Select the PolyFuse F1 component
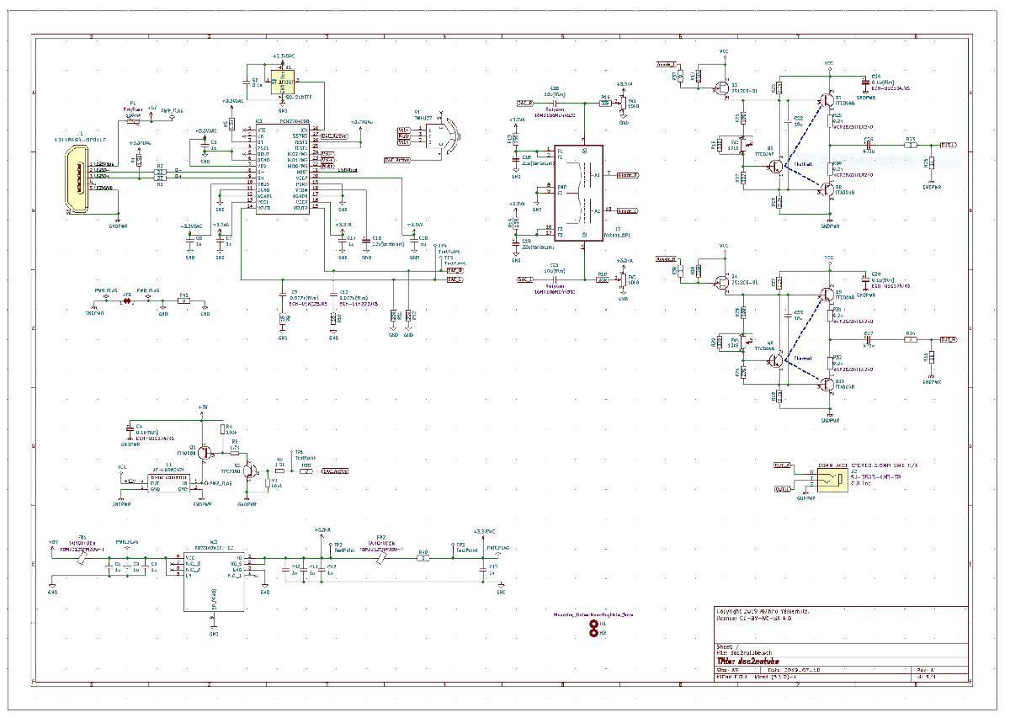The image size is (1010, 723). pos(133,121)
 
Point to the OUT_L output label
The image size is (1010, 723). pos(948,145)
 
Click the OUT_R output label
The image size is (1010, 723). pos(948,340)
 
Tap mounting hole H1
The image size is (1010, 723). pos(594,624)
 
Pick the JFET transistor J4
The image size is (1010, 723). pos(722,280)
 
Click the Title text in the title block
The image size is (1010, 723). pos(746,661)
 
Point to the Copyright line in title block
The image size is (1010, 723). pos(762,611)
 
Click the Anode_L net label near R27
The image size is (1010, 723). pos(666,64)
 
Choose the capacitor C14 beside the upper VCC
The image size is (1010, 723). pos(862,81)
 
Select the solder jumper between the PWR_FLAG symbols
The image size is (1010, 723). pos(127,298)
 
